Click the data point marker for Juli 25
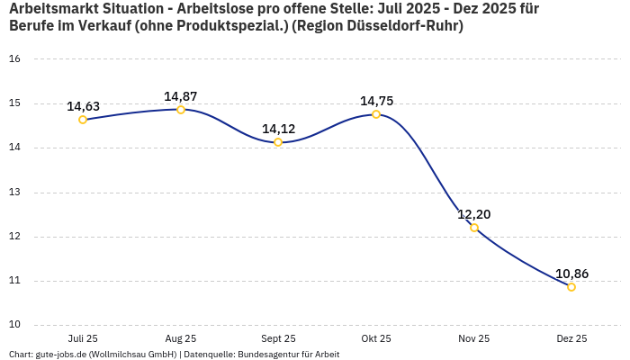(x=83, y=120)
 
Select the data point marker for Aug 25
(x=181, y=110)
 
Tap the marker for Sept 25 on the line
(x=278, y=142)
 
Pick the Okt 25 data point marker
(x=376, y=114)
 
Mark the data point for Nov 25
(x=474, y=228)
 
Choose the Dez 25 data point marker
(x=571, y=287)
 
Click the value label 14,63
(x=83, y=106)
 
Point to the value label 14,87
(x=181, y=96)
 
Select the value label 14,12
(x=278, y=129)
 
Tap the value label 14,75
(x=376, y=101)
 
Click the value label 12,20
(x=474, y=214)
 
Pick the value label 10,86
(x=571, y=274)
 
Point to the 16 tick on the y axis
(x=14, y=59)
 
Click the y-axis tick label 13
(x=14, y=192)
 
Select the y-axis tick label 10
(x=14, y=325)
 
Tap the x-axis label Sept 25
(x=278, y=338)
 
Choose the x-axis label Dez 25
(x=571, y=338)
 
